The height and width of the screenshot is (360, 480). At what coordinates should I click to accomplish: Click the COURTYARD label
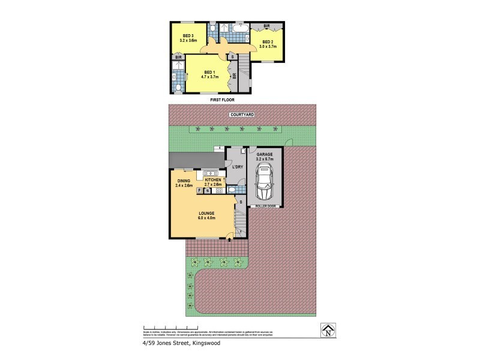(x=242, y=114)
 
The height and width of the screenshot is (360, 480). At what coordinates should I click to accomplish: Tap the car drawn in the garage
(x=265, y=183)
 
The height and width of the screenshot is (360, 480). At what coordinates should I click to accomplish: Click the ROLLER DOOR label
(x=265, y=205)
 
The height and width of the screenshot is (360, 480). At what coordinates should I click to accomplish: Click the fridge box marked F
(x=199, y=191)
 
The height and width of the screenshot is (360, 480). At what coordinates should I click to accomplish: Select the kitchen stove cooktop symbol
(x=219, y=191)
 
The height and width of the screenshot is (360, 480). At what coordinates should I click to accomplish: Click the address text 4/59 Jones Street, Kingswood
(x=173, y=343)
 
